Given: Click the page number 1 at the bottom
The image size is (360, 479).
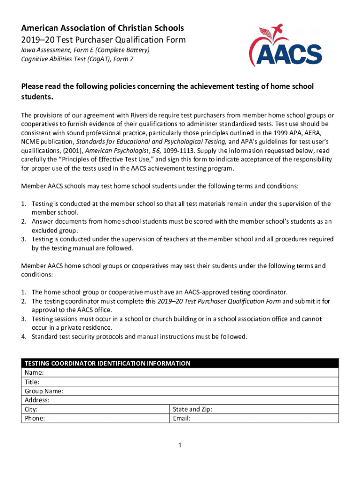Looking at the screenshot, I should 180,446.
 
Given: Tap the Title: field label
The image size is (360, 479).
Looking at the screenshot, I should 32,382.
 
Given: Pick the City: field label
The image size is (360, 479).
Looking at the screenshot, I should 31,409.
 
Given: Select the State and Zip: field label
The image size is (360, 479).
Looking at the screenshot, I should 192,409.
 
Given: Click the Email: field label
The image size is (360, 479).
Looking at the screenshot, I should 181,418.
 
